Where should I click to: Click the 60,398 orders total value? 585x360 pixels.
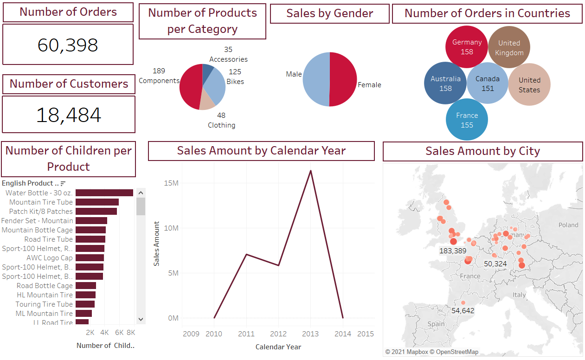point(68,45)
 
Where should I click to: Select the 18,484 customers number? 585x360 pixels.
point(69,115)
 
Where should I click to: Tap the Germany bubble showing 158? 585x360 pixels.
point(467,47)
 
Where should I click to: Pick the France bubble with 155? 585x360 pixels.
point(467,120)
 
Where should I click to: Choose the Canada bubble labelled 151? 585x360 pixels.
point(488,84)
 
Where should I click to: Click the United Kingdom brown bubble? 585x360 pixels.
point(509,47)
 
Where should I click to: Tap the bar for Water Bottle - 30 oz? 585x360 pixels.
point(104,193)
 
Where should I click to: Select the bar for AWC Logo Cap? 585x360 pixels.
point(90,258)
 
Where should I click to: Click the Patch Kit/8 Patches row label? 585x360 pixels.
point(41,212)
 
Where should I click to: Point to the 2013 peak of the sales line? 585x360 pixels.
point(310,171)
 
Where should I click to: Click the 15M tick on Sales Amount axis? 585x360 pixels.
point(171,183)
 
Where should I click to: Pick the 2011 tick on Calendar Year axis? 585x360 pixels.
point(246,334)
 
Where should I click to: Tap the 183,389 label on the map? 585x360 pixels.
point(453,251)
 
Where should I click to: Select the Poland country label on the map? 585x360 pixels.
point(568,225)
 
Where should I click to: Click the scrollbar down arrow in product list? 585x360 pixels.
point(141,319)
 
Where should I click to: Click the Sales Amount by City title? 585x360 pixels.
point(482,151)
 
